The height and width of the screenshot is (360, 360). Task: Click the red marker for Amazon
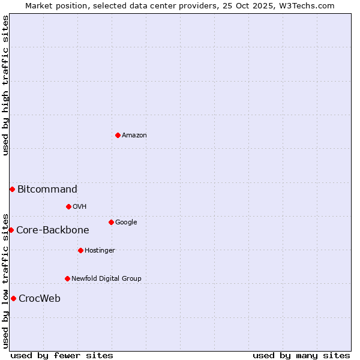click(118, 135)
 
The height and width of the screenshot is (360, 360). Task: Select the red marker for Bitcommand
click(12, 189)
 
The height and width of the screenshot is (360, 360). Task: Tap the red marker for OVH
click(68, 206)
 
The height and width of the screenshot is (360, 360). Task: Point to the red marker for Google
click(111, 222)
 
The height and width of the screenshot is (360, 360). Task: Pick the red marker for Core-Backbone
click(11, 230)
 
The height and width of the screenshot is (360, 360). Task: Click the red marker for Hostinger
click(80, 250)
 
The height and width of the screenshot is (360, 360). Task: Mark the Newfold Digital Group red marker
click(67, 278)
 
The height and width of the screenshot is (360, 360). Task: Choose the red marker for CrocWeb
click(13, 298)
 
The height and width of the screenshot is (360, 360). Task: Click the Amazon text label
click(134, 136)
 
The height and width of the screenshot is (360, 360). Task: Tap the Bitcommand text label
click(47, 190)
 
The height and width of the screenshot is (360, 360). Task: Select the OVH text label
click(80, 207)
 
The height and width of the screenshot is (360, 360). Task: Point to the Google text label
click(126, 223)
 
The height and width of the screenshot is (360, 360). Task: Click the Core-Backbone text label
click(53, 230)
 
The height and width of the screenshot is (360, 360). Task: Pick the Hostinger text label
click(100, 251)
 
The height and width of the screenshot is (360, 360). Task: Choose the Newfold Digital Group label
click(106, 279)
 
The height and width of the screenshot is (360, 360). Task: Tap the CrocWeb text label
click(40, 299)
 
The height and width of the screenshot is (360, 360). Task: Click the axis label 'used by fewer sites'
click(62, 355)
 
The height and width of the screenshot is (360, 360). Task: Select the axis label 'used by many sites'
click(301, 355)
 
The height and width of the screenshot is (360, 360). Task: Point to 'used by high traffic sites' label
click(5, 85)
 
